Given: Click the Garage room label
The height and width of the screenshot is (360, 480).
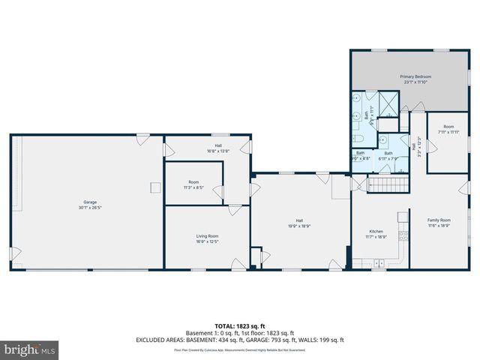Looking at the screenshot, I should click(x=89, y=202).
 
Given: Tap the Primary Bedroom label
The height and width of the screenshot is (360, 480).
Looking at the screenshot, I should click(x=415, y=76).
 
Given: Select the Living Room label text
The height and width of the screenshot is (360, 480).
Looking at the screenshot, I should click(x=207, y=237).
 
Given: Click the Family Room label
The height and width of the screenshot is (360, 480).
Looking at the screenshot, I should click(x=439, y=220).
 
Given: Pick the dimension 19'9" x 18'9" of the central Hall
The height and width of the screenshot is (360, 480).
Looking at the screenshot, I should click(x=298, y=225).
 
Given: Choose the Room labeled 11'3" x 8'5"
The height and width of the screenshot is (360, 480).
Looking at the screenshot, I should click(x=193, y=187).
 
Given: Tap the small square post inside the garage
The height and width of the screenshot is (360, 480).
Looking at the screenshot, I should click(x=155, y=187).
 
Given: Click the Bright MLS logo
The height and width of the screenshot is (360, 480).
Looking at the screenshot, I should click(x=30, y=349).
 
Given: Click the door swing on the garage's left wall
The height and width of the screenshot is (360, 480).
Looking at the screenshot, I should click(x=13, y=254).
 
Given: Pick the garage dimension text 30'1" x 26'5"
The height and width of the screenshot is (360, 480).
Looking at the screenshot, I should click(x=89, y=207).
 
